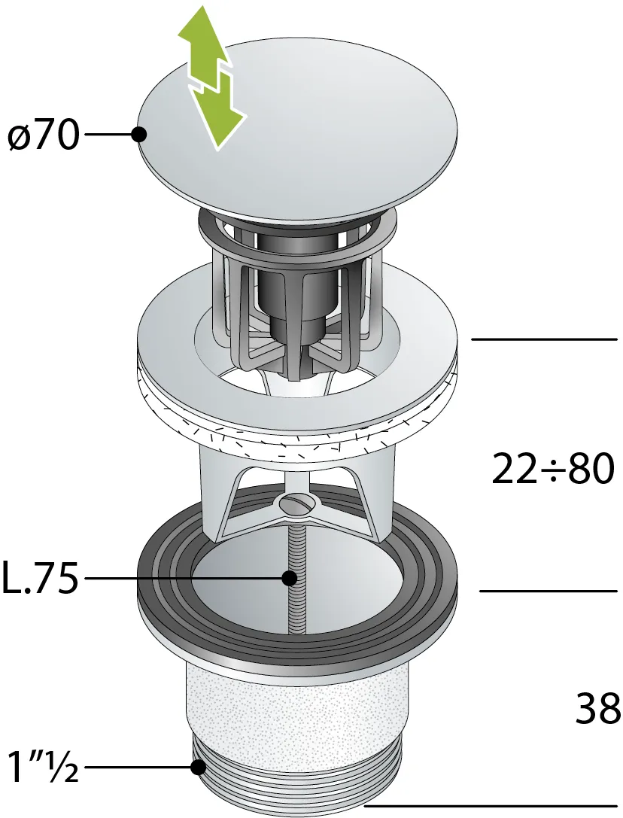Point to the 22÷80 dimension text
click(x=553, y=470)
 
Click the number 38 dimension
click(x=598, y=709)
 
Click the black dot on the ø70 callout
click(x=138, y=135)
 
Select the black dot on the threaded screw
click(x=289, y=579)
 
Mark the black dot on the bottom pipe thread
click(x=199, y=768)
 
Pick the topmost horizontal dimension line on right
click(x=543, y=340)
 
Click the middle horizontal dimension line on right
click(x=548, y=591)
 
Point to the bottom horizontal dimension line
click(x=489, y=808)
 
